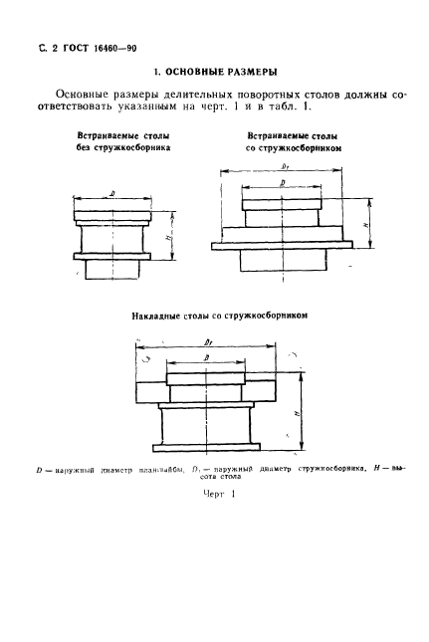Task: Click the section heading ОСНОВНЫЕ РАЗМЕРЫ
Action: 214,71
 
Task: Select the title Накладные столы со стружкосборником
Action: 216,316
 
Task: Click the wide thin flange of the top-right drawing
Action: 283,244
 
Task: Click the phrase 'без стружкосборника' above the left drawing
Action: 125,146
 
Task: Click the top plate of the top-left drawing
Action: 110,214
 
